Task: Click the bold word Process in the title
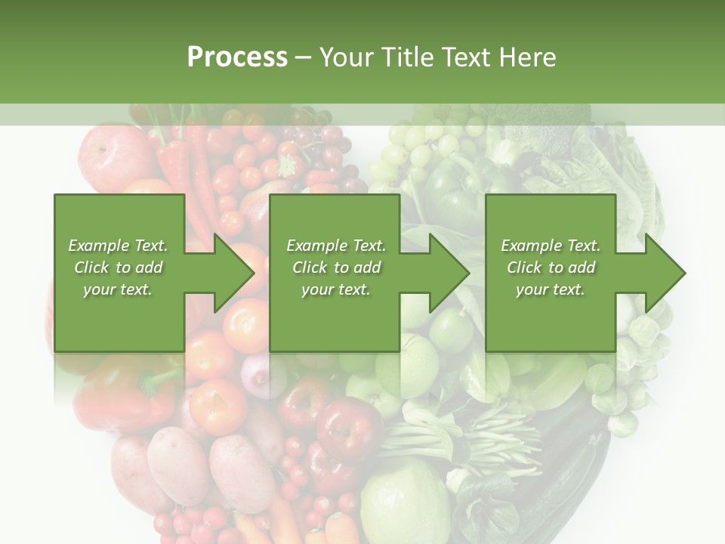click(237, 57)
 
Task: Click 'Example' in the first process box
click(99, 246)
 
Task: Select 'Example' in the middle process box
click(317, 246)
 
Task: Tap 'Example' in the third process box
click(532, 246)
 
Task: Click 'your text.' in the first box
click(118, 289)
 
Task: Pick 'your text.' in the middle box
click(336, 289)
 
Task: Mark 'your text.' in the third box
click(551, 289)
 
